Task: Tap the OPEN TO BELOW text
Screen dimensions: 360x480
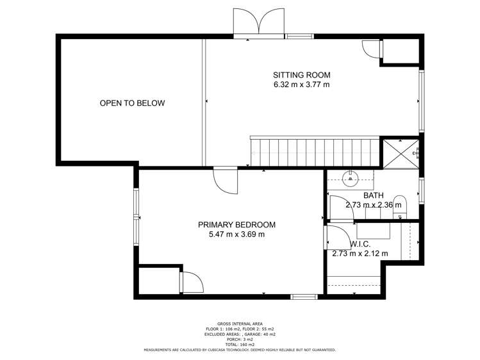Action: coord(132,103)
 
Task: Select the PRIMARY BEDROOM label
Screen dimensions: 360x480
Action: coord(236,225)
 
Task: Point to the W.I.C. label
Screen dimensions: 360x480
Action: coord(359,244)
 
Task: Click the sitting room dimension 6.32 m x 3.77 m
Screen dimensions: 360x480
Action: coord(301,85)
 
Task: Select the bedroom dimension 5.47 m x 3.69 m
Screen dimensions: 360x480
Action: coord(236,234)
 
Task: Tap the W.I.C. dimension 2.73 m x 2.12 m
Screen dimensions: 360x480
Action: coord(360,254)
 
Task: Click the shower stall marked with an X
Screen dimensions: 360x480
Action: coord(400,153)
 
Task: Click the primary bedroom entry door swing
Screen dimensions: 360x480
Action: coord(226,181)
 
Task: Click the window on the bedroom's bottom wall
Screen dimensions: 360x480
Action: coord(304,297)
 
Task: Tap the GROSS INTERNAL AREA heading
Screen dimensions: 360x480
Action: coord(239,323)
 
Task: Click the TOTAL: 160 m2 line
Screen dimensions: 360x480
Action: coord(239,345)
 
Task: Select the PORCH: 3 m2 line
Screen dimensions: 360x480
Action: coord(239,340)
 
